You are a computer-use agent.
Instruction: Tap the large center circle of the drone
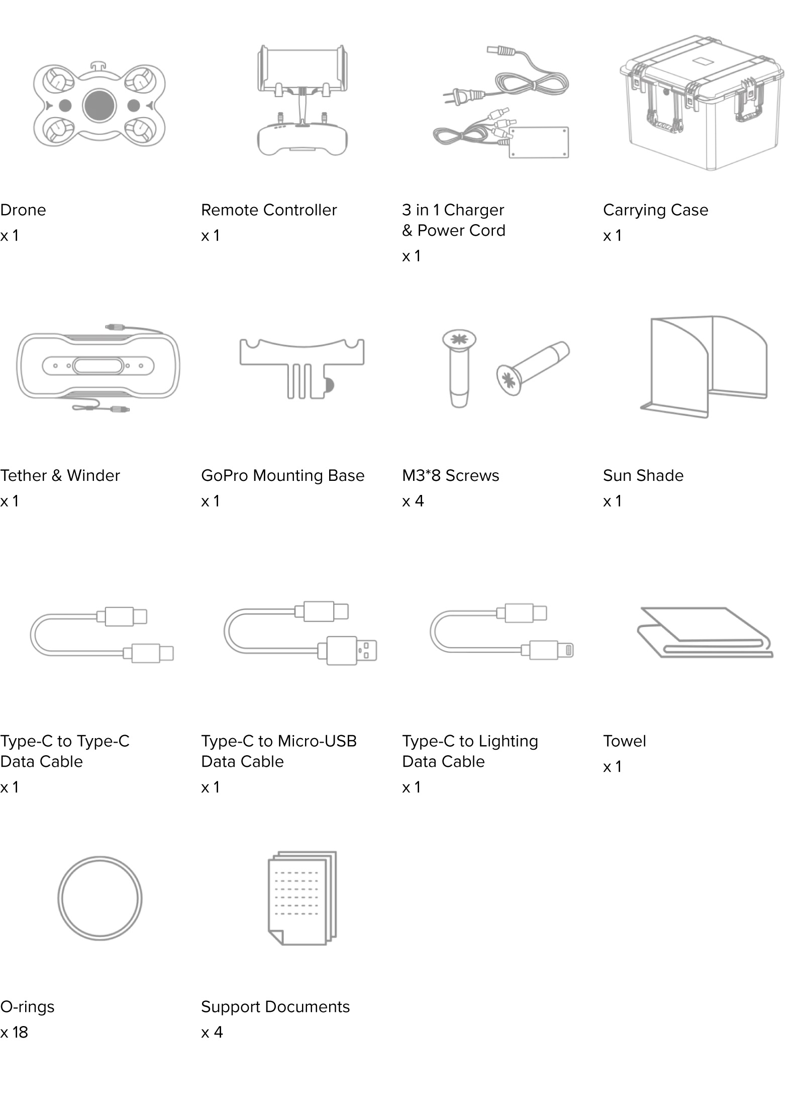(99, 106)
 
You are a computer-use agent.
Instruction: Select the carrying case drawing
(701, 103)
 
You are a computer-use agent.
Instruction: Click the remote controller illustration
(302, 100)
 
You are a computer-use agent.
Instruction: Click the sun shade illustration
(703, 367)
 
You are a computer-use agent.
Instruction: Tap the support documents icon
(302, 898)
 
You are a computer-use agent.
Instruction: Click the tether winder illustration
(98, 366)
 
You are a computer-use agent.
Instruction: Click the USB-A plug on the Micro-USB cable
(351, 650)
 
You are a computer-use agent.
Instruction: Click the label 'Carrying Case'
(656, 210)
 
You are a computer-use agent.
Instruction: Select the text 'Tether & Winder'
(60, 475)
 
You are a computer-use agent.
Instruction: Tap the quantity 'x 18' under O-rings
(14, 1032)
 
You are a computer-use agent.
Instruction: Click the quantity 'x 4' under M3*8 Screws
(413, 501)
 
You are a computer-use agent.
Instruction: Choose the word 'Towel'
(625, 741)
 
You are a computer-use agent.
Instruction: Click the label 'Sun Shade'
(643, 475)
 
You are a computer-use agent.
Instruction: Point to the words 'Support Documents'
(275, 1007)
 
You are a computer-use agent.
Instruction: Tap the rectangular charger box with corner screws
(539, 142)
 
